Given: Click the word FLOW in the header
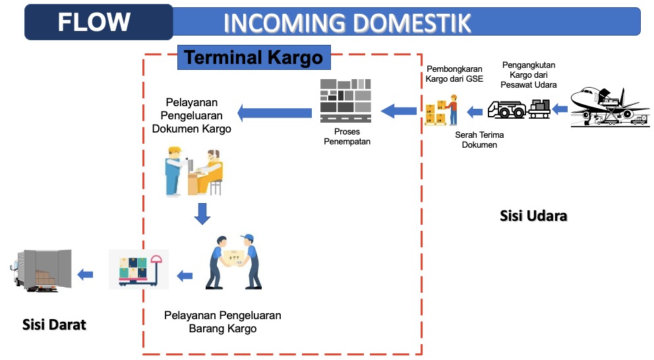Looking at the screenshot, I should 94,22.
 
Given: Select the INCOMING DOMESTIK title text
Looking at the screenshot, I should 347,23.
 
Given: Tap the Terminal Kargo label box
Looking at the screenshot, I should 254,57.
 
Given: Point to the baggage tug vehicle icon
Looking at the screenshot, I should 520,107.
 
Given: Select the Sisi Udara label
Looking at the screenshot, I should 533,216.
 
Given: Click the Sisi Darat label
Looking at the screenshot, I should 54,324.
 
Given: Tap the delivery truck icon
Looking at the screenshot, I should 40,268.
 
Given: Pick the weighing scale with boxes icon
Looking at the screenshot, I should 138,269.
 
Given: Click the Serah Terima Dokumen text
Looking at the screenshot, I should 479,140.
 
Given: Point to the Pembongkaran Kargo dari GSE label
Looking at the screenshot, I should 454,74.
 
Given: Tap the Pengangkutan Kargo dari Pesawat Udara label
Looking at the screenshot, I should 529,75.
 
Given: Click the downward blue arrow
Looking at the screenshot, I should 202,212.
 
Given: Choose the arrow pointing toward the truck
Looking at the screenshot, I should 84,274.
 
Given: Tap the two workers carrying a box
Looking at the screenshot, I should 234,262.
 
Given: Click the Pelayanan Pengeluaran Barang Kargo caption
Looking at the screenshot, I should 223,322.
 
